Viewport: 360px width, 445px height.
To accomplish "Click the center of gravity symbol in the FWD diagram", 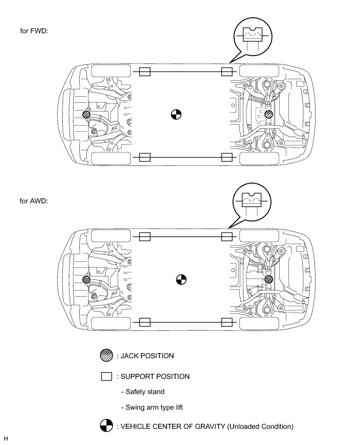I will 176,115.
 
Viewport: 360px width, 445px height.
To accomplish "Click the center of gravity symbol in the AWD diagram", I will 181,279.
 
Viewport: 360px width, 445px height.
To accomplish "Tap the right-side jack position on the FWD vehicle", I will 269,115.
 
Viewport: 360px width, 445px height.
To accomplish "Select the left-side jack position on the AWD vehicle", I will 87,280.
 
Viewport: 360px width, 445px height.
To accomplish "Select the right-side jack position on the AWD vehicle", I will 269,279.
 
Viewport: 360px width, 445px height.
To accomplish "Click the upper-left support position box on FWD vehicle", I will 144,72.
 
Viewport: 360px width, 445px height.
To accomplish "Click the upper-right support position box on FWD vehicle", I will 227,72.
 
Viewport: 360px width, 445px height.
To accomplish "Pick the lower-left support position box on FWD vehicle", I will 144,157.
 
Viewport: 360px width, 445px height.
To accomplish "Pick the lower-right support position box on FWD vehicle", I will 227,157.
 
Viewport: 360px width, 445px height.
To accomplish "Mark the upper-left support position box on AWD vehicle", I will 144,236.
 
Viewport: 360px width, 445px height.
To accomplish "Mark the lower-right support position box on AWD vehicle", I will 227,322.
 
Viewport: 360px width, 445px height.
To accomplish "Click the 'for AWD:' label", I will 34,201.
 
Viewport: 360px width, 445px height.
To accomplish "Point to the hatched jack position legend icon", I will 107,356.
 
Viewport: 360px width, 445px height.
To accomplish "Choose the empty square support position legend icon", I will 107,376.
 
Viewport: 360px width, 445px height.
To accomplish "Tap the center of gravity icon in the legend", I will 107,426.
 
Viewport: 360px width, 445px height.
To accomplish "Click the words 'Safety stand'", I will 143,392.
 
